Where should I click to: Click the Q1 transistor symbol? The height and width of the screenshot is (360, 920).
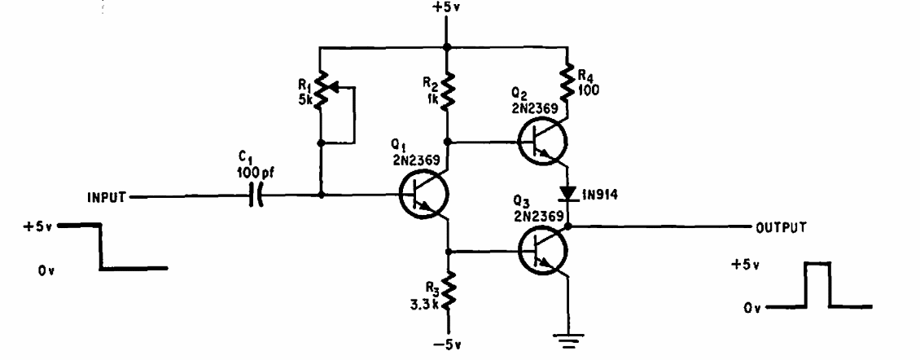(423, 195)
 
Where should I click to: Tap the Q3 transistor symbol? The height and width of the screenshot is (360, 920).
(543, 251)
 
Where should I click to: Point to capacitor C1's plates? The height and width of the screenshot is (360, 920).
(256, 196)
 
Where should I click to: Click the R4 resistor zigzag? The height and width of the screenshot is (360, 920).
(568, 84)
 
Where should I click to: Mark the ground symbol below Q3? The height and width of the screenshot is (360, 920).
(567, 340)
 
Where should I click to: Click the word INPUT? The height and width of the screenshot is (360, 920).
(106, 197)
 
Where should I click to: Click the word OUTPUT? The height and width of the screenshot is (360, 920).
(781, 226)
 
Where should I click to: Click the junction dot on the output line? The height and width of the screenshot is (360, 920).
(567, 226)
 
